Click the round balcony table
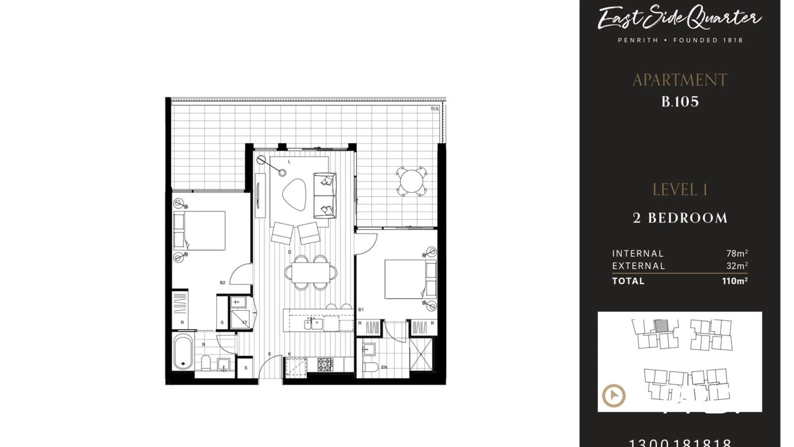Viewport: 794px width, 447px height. point(411,181)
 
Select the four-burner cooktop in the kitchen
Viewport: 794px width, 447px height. point(325,364)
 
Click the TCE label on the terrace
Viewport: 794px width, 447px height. point(434,109)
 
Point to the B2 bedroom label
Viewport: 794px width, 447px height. point(222,283)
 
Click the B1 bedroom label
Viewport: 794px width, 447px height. point(361,309)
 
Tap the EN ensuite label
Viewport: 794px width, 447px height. point(384,367)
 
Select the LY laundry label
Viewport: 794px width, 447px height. point(244,322)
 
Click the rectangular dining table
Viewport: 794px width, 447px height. point(311,272)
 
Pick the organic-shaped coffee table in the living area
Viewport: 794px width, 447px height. point(294,194)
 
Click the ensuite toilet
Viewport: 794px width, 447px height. point(371,367)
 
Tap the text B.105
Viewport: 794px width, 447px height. point(680,102)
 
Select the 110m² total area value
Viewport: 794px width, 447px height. point(734,281)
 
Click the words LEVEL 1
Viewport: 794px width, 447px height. point(680,190)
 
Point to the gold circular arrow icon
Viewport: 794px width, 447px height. point(614,395)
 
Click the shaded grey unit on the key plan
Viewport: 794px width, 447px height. point(661,325)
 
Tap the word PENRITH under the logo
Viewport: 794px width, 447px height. point(638,40)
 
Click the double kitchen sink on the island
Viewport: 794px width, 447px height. point(313,324)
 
